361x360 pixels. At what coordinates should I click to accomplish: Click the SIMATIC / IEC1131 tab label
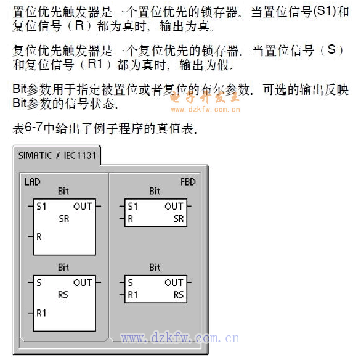57,155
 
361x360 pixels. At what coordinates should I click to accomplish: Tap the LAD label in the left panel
33,182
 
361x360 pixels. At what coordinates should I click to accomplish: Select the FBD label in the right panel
188,182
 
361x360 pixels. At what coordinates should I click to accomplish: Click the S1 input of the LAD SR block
41,207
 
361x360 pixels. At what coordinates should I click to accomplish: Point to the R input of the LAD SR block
39,237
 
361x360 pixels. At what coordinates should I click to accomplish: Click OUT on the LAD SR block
83,206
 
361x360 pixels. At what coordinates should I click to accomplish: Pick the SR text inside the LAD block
64,219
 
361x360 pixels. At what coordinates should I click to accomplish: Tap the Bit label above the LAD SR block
63,191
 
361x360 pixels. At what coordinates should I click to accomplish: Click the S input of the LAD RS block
39,282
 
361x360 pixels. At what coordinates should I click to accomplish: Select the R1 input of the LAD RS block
41,313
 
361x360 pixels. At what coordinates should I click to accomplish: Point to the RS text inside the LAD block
63,295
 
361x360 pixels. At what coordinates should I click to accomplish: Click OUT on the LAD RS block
83,282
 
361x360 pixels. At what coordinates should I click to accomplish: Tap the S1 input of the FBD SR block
133,207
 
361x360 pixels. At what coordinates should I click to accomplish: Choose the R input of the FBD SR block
131,219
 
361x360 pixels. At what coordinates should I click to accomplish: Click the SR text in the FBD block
179,219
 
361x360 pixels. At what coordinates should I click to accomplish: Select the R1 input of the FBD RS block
132,295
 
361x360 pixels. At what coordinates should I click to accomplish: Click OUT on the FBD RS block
174,282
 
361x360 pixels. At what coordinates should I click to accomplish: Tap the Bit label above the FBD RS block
155,268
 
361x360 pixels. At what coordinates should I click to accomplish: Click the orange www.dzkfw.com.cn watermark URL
206,109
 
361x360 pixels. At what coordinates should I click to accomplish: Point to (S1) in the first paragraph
325,11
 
